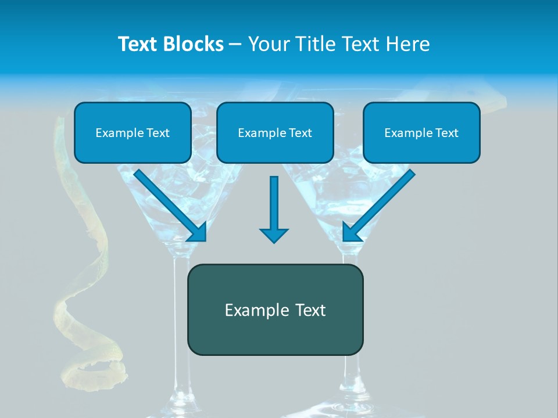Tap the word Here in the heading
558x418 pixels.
point(408,44)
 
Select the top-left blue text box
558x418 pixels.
point(133,132)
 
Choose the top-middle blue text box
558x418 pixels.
point(275,132)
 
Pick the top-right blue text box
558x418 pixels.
point(421,132)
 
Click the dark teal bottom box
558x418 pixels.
point(275,309)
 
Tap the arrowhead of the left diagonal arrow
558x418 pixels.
point(198,232)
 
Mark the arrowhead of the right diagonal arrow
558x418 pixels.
point(351,232)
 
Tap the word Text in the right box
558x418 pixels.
point(446,133)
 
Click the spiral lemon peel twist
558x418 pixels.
point(87,261)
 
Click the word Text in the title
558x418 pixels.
point(139,44)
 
